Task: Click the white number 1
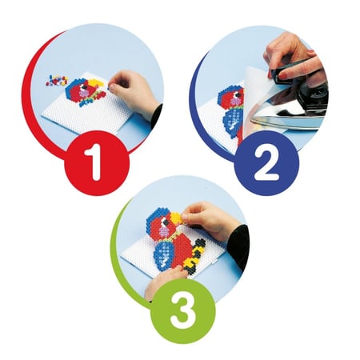pyautogui.click(x=94, y=162)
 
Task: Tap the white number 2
pyautogui.click(x=266, y=164)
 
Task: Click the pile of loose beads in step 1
pyautogui.click(x=57, y=81)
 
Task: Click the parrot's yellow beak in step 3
pyautogui.click(x=177, y=218)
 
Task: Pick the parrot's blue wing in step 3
pyautogui.click(x=164, y=254)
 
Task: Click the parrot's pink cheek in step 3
pyautogui.click(x=164, y=231)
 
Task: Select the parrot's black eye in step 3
pyautogui.click(x=166, y=222)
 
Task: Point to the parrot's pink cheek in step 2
pyautogui.click(x=236, y=101)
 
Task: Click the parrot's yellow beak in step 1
pyautogui.click(x=96, y=83)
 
